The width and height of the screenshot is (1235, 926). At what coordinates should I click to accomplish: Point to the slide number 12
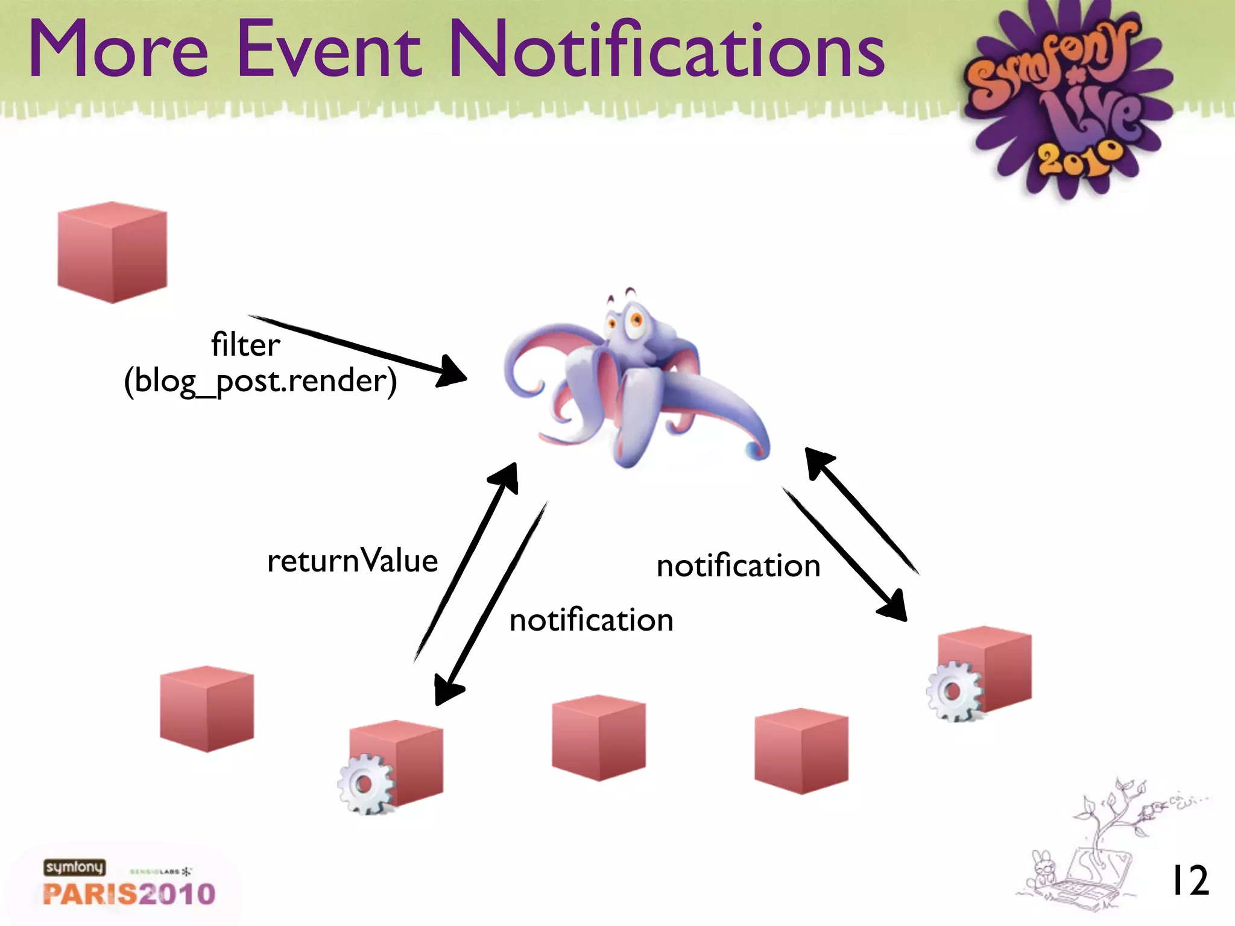(1189, 881)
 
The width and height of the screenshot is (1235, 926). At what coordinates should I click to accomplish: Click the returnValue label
(352, 561)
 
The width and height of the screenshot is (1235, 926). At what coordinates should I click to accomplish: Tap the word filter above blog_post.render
(245, 345)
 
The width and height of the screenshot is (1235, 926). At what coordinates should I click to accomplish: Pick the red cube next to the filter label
(112, 252)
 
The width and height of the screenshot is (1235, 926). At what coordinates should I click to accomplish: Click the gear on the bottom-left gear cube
(364, 784)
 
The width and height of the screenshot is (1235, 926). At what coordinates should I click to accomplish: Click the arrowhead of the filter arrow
(452, 371)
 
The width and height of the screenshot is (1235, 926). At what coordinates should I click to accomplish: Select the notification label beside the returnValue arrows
(591, 620)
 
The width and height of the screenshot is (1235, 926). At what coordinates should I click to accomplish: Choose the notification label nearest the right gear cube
(738, 566)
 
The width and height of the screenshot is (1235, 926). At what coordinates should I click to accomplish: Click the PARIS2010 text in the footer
(129, 893)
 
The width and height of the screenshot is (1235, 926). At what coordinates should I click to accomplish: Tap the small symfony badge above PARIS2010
(74, 867)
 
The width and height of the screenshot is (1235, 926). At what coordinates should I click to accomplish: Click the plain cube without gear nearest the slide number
(801, 751)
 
